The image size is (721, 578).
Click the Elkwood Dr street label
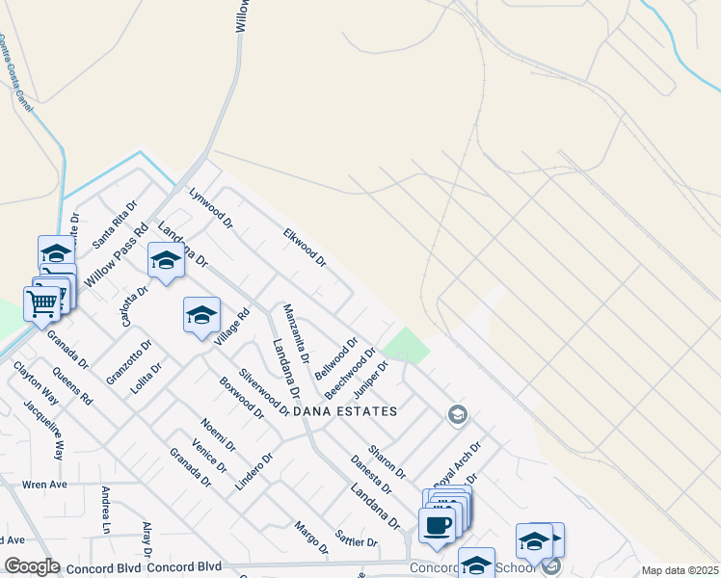point(305,248)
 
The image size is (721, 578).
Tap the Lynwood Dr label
point(211,207)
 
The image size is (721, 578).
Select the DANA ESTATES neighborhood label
point(345,411)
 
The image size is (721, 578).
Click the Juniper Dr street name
point(369,380)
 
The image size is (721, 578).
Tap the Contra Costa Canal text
point(16,73)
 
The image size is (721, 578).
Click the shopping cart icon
point(41,303)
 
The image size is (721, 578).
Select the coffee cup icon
point(436,526)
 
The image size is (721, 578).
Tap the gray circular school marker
point(458,415)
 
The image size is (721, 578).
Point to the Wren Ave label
point(40,484)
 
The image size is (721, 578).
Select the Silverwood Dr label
point(265,391)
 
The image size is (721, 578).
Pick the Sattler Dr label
point(356,538)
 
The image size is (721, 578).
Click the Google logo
point(31,566)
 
